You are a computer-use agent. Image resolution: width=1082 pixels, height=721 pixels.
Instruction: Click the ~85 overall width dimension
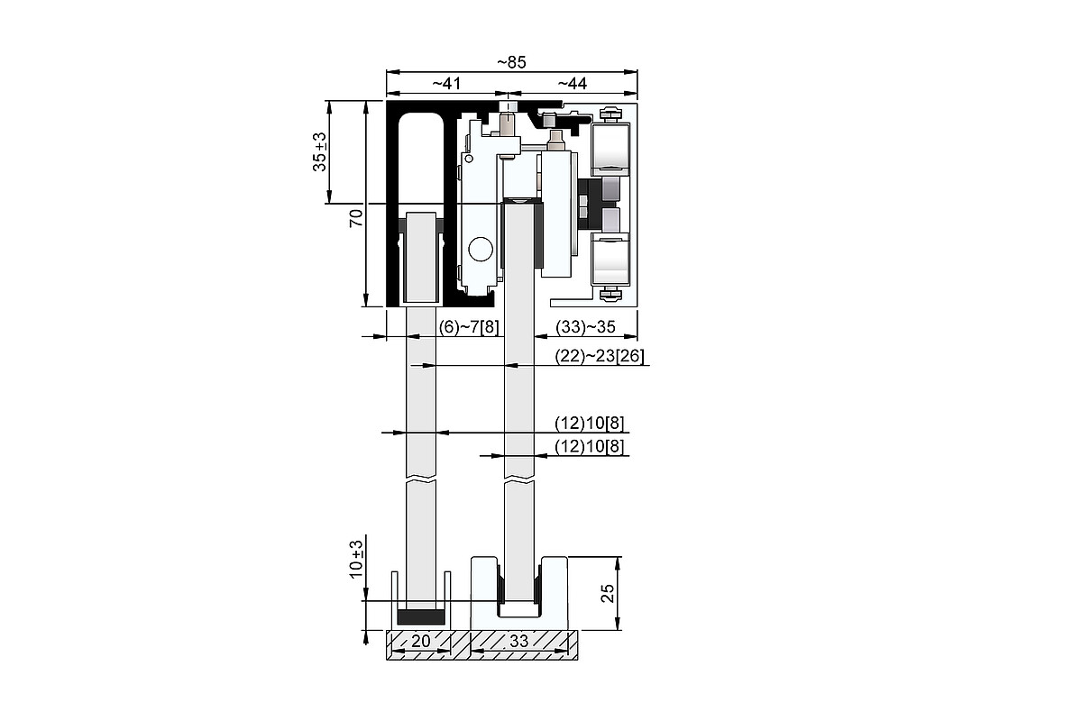[x=511, y=62]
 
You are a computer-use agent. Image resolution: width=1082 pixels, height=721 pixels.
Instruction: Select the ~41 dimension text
[x=446, y=84]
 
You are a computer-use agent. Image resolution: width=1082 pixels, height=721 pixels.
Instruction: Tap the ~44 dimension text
[x=573, y=84]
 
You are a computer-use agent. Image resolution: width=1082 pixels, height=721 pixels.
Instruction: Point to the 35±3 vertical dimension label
[x=319, y=151]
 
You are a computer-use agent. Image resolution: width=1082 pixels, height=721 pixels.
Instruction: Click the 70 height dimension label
[x=356, y=218]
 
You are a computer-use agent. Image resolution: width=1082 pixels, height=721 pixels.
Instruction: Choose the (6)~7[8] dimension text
[x=469, y=327]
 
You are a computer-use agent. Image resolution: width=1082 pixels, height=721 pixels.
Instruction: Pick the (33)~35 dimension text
[x=585, y=327]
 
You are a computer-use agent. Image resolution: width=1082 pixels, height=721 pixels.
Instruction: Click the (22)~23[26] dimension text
[x=600, y=356]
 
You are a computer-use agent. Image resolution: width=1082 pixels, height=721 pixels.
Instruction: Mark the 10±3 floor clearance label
[x=356, y=559]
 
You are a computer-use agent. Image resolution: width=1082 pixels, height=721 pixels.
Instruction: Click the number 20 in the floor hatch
[x=420, y=641]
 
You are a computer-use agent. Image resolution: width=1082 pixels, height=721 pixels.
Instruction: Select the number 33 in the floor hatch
[x=519, y=641]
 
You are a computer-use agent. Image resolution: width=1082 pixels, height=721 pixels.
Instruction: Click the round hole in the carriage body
[x=481, y=249]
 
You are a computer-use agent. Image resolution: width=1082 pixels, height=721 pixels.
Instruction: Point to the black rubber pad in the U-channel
[x=421, y=616]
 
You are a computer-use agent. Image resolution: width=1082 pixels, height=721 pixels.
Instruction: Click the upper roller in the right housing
[x=610, y=150]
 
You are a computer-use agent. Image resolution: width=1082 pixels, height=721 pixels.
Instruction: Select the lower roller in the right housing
[x=610, y=259]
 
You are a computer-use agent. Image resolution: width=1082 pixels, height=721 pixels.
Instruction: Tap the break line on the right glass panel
[x=519, y=481]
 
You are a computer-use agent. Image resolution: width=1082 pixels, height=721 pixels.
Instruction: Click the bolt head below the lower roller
[x=610, y=294]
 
